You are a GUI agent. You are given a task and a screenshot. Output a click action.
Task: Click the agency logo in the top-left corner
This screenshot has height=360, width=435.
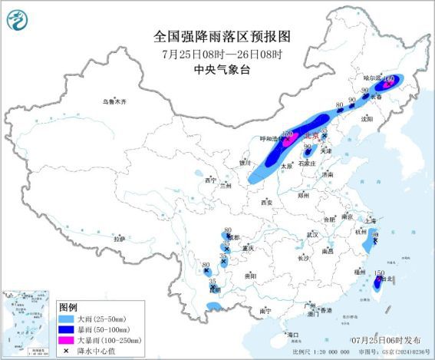pyautogui.click(x=18, y=17)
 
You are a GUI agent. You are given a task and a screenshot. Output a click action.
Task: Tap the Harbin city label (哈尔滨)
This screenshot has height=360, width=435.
pyautogui.click(x=372, y=78)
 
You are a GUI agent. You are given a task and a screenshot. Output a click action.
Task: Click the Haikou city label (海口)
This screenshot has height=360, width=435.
pyautogui.click(x=292, y=335)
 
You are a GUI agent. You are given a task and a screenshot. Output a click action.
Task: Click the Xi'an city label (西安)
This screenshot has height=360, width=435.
pyautogui.click(x=266, y=203)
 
